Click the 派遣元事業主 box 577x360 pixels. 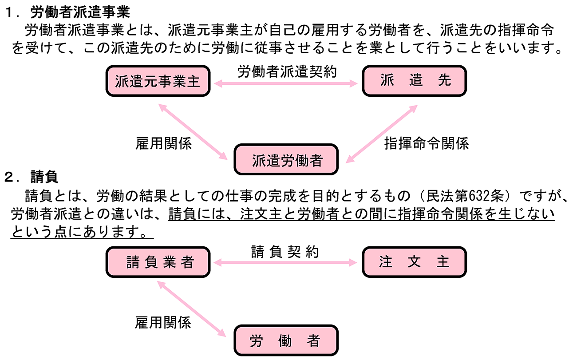158,81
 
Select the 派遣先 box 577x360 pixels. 415,80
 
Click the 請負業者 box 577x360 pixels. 158,262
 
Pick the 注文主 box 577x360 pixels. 415,262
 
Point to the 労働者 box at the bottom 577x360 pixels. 286,341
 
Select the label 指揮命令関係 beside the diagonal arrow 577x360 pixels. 426,144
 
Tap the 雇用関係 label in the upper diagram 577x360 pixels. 163,144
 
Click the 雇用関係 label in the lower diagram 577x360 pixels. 163,323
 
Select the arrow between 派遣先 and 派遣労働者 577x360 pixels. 382,133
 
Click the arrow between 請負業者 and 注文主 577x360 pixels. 286,263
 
